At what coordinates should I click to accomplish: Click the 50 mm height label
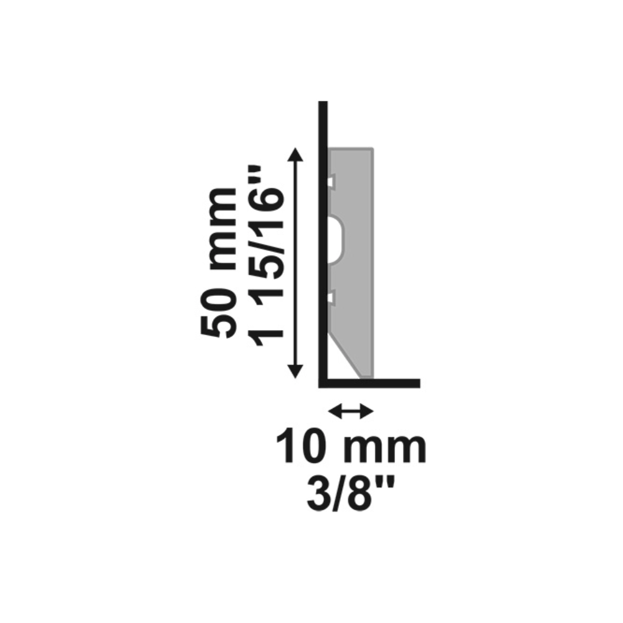pos(219,262)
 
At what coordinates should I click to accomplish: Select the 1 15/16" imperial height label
pos(265,254)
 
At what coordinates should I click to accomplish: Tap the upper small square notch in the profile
pos(331,181)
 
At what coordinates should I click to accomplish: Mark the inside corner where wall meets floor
pos(328,379)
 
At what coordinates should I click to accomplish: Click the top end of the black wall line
pos(323,102)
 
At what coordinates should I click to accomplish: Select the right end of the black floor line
pos(419,383)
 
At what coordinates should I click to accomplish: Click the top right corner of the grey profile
pos(373,149)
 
